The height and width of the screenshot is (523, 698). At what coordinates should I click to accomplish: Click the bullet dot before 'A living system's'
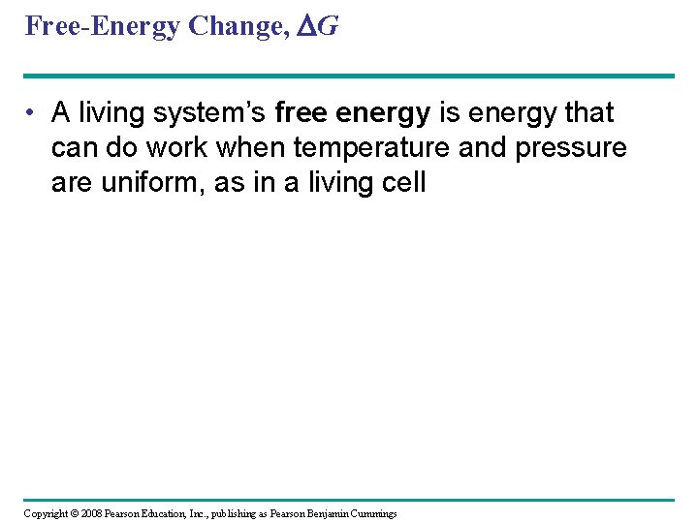pos(33,113)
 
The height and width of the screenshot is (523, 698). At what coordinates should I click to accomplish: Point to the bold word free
pos(302,113)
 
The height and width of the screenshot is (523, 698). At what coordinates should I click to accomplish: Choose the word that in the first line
pos(589,113)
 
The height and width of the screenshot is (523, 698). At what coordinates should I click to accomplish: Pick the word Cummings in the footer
pos(376,513)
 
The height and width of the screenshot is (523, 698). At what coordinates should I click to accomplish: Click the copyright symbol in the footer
pos(76,513)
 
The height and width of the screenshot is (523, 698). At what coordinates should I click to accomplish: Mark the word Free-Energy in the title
pos(102,26)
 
